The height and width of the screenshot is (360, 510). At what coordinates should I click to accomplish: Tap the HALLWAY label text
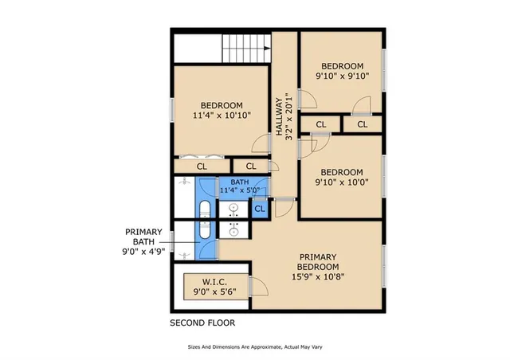point(279,118)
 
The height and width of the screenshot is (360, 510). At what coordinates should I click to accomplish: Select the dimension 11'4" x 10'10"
point(222,115)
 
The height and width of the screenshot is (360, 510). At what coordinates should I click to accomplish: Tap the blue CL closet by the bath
point(260,209)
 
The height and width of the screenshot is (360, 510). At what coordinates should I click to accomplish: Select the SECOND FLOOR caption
point(202,323)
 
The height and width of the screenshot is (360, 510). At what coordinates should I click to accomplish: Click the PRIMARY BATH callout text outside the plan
point(143,238)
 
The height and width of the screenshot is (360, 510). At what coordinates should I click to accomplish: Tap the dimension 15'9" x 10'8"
point(318,277)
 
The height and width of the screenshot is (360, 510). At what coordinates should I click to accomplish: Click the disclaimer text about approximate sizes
point(255,347)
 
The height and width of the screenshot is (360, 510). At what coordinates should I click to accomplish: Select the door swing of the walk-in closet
point(257,287)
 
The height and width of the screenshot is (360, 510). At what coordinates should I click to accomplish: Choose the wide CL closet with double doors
point(202,166)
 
